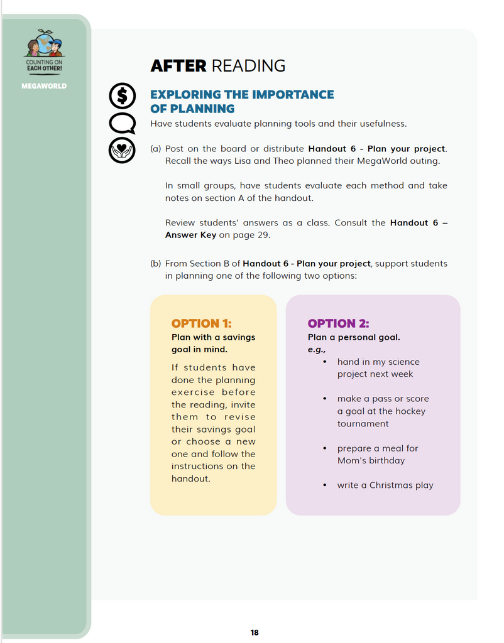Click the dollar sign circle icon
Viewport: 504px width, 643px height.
122,96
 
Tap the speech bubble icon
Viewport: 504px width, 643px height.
122,123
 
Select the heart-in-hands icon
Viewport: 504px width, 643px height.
122,150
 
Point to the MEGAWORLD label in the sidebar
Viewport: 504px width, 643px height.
44,86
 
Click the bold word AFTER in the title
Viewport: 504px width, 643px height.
178,66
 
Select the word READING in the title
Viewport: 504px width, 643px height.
248,66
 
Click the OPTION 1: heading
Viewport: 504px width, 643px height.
201,323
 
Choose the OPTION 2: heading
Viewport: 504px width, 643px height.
338,323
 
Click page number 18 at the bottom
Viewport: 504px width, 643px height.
255,632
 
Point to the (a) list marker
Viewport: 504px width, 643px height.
155,149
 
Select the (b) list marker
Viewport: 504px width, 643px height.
155,264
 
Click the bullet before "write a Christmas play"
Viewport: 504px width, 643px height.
324,485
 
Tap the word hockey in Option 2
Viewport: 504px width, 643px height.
411,411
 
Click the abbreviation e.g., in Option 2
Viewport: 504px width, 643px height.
317,349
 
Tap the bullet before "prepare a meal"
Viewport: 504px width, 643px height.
324,448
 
